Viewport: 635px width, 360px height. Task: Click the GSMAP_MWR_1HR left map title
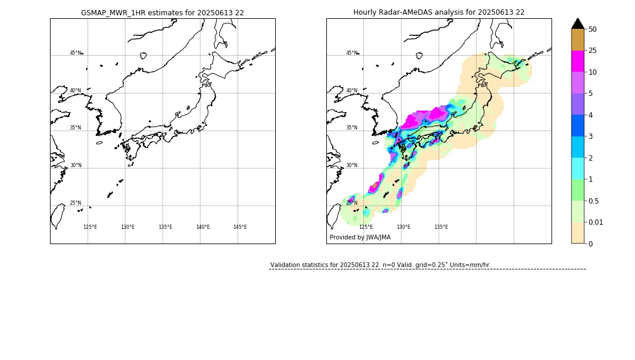[x=162, y=12]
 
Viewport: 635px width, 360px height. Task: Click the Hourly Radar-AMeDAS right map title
[x=439, y=12]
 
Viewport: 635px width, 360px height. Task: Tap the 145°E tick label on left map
[x=240, y=227]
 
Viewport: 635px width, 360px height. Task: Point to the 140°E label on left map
[x=203, y=227]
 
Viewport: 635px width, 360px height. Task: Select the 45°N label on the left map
[x=75, y=53]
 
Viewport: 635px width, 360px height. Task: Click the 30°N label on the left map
[x=75, y=165]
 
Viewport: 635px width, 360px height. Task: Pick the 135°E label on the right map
[x=441, y=227]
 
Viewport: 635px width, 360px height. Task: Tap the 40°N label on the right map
[x=352, y=91]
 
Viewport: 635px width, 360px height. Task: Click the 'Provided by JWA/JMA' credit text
[x=360, y=238]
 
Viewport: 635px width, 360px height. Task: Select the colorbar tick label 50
[x=593, y=29]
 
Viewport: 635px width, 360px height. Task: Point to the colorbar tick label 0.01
[x=596, y=222]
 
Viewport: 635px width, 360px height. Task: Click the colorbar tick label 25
[x=593, y=51]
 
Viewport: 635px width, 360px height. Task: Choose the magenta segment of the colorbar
[x=578, y=61]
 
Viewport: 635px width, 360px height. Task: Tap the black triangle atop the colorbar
[x=578, y=24]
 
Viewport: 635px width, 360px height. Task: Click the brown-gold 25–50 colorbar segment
[x=578, y=40]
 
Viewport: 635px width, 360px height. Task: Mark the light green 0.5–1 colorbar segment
[x=578, y=190]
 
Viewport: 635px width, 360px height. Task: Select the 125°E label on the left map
[x=90, y=227]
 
